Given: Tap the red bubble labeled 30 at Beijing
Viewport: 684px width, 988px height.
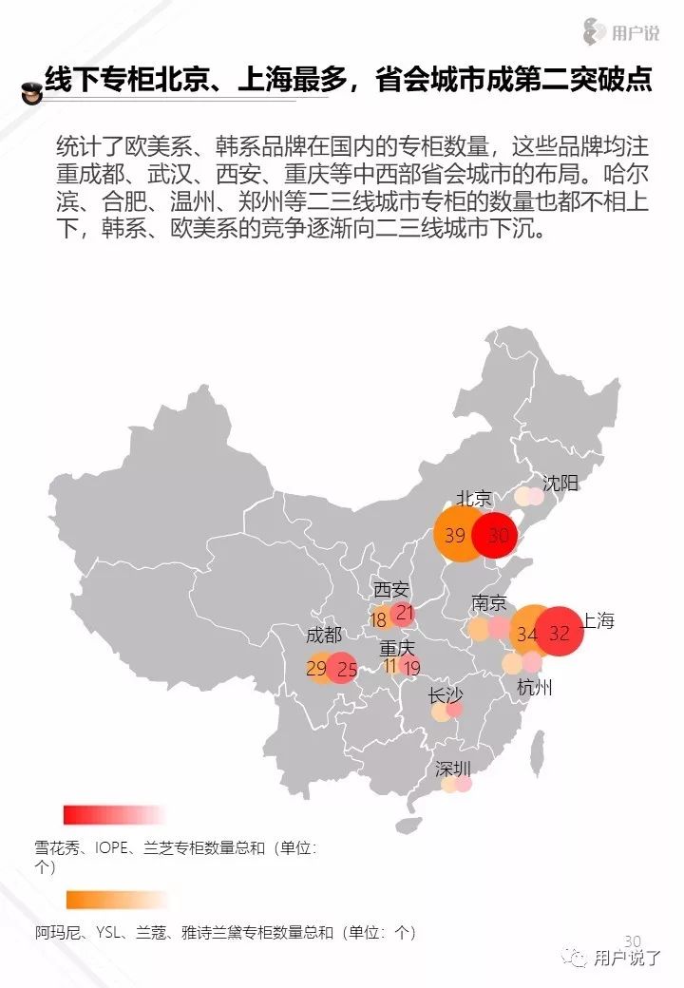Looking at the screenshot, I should click(x=499, y=535).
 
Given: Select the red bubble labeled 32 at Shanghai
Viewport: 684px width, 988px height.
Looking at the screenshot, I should click(x=559, y=633).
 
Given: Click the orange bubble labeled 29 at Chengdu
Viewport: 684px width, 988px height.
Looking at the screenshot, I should click(x=317, y=670).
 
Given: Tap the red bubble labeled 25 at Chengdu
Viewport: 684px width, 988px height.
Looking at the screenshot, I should click(x=347, y=670).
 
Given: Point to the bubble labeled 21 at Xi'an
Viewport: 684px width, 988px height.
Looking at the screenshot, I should click(x=405, y=613).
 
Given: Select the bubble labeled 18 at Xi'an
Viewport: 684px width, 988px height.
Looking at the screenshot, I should click(x=379, y=620).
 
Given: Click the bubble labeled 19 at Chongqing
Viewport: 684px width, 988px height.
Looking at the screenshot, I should click(x=411, y=668).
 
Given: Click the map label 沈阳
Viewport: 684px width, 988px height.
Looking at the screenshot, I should click(x=560, y=483).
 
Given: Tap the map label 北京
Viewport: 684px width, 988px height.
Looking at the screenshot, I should click(x=474, y=499).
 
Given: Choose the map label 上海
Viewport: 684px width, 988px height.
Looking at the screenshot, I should click(x=598, y=621).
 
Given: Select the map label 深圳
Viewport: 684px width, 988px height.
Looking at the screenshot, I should click(x=453, y=769).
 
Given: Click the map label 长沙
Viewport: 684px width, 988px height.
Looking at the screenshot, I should click(x=446, y=695).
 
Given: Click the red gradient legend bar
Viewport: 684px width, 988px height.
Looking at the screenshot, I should click(x=114, y=814).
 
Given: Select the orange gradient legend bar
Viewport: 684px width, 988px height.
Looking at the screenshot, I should click(x=116, y=900).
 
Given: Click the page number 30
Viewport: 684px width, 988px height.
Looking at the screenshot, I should click(x=633, y=940).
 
